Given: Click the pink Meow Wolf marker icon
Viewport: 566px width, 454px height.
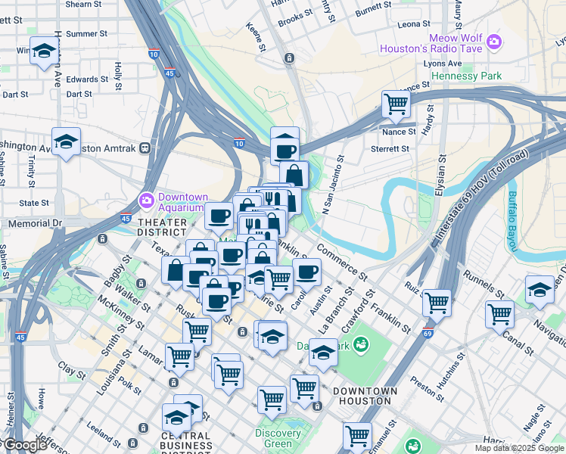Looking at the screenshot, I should point(494,41).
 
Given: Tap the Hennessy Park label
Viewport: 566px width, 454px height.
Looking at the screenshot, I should point(466,76).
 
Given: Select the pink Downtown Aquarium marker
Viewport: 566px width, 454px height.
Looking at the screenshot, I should point(145,201).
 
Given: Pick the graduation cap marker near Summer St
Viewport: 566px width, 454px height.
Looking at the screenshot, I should point(45,51).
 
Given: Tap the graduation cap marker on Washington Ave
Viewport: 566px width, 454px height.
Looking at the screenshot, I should point(67,141).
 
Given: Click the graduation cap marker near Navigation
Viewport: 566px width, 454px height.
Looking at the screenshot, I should point(539,290).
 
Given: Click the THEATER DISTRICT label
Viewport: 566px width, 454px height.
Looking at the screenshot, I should point(162,227).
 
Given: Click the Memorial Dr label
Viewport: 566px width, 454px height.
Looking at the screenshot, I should point(34,224).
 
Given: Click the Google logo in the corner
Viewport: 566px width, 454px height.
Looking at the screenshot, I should point(24,445).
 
